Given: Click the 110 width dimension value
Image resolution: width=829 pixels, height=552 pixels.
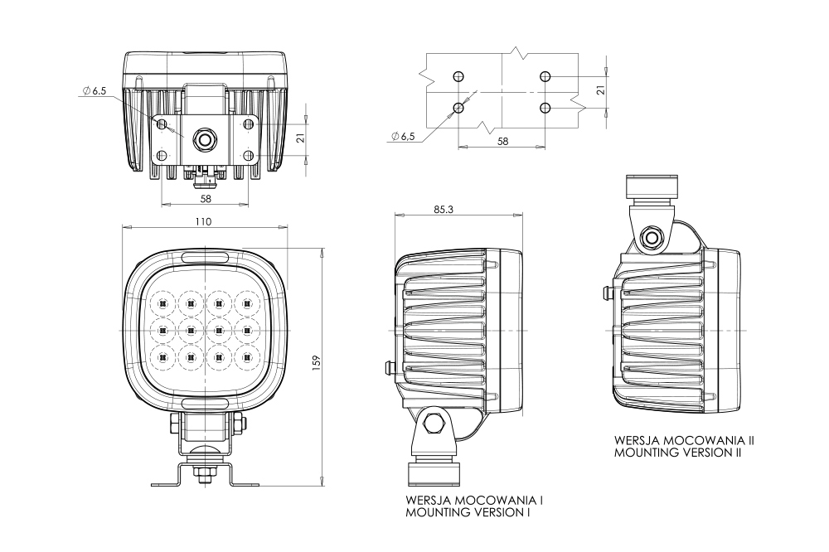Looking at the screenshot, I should point(204,221).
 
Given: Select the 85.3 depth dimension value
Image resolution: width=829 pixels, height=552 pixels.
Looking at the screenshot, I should point(444,209).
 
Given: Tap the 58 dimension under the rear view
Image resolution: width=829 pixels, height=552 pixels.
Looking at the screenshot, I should point(205,199).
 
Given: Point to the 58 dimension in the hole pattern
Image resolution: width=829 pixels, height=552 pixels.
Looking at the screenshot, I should point(502,142).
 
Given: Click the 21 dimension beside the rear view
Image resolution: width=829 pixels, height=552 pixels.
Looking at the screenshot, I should point(302,138).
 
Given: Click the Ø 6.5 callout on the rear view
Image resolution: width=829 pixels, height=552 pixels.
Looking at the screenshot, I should point(95,91).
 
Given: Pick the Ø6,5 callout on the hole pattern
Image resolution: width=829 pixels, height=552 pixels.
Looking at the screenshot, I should point(402,136).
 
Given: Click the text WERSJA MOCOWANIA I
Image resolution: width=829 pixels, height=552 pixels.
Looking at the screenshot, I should point(475,501).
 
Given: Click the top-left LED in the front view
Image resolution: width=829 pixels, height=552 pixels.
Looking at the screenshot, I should point(162,301).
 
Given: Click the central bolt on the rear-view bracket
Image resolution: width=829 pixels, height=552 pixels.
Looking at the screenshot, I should point(203,139).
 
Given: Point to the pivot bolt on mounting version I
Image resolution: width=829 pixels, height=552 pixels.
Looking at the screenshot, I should point(433,424).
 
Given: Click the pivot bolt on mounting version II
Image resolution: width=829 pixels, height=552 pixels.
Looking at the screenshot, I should point(652,238).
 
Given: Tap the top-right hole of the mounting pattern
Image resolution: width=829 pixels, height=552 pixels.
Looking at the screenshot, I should point(544,77).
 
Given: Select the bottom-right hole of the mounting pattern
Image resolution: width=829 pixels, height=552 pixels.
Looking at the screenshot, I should point(544,108).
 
